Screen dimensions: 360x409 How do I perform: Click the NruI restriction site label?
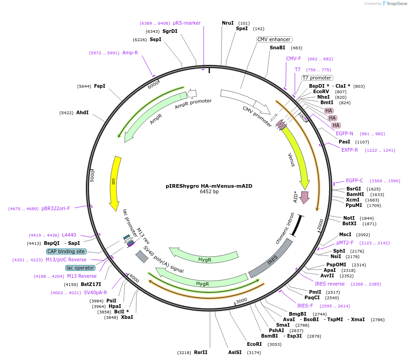coord(228,23)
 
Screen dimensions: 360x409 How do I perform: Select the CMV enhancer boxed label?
coord(274,39)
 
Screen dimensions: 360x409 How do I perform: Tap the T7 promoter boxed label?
coord(317,78)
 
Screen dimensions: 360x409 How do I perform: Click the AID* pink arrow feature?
coord(304,196)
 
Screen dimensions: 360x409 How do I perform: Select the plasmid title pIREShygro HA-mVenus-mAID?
coord(209,186)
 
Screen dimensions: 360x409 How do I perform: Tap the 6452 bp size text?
coord(209,192)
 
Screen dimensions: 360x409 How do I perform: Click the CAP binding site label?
coord(66,251)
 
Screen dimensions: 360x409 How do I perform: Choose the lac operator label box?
coord(80,268)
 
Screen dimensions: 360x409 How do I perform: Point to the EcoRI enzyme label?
coord(254,344)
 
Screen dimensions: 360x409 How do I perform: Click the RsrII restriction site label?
coord(200,352)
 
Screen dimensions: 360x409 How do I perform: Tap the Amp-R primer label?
coord(130,53)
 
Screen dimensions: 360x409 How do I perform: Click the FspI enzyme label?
coord(100,86)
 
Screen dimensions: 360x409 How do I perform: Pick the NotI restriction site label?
coord(349,218)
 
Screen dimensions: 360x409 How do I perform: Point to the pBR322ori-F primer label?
coord(56,208)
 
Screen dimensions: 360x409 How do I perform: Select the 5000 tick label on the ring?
coord(93,175)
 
